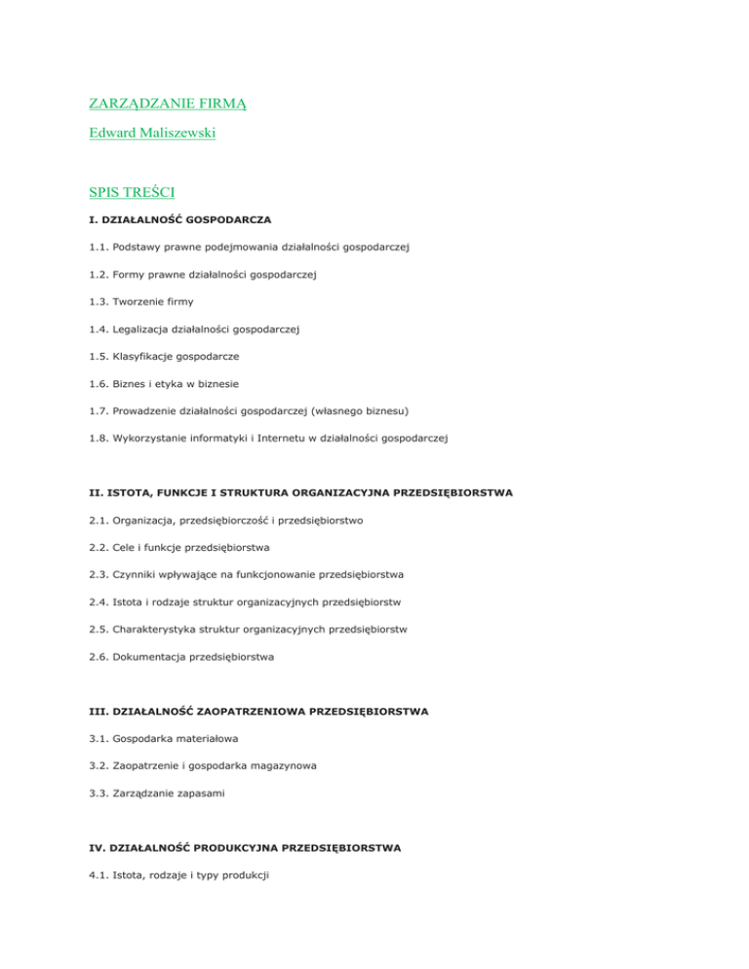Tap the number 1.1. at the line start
(93, 248)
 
